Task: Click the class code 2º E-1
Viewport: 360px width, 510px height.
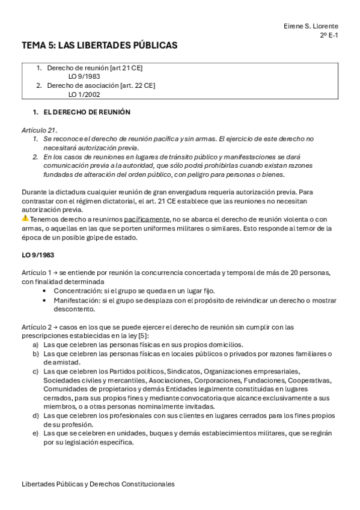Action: click(x=328, y=35)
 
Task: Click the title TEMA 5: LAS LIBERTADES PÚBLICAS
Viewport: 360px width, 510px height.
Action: click(x=99, y=45)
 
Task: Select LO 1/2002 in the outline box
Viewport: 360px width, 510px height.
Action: click(x=84, y=94)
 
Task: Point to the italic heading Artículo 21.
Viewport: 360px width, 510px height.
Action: click(x=39, y=130)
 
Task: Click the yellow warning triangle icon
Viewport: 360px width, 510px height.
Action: click(x=25, y=218)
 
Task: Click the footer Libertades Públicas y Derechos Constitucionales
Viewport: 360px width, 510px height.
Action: click(x=98, y=484)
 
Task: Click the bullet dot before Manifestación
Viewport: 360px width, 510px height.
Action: click(x=47, y=300)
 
